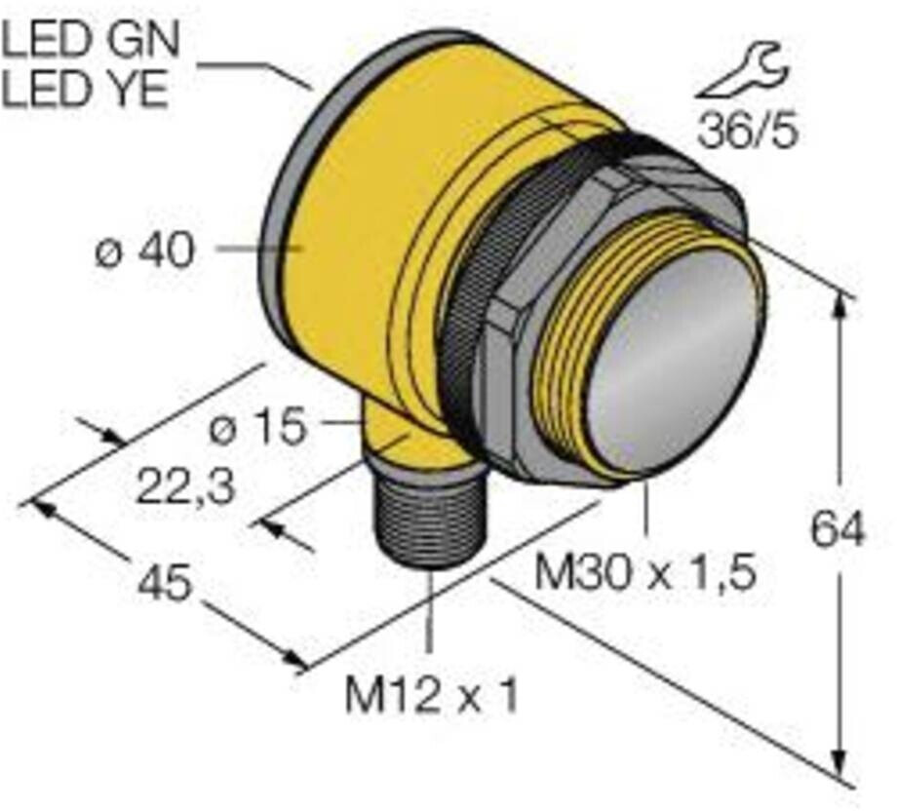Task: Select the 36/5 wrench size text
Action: [x=747, y=130]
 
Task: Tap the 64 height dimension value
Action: [x=838, y=531]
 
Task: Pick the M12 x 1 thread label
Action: [x=431, y=696]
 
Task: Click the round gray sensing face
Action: [x=673, y=361]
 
